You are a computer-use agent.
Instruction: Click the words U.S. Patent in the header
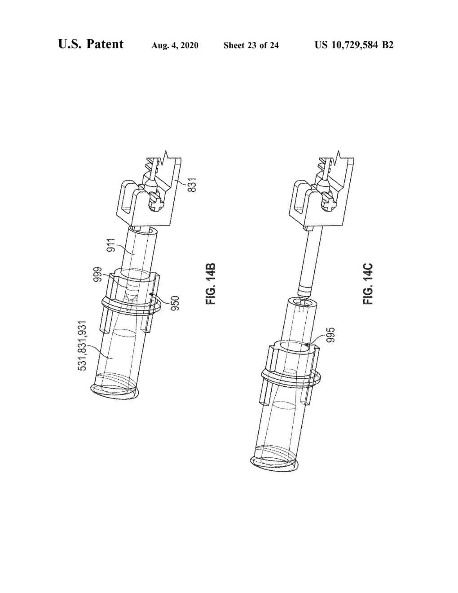[x=91, y=44]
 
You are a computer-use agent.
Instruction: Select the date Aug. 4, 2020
[x=175, y=45]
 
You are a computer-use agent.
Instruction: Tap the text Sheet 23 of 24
[x=251, y=45]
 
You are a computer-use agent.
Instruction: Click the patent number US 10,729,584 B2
[x=354, y=45]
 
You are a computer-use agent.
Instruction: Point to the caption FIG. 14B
[x=211, y=284]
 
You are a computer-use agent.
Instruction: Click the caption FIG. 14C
[x=368, y=284]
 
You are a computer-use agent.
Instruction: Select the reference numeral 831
[x=192, y=185]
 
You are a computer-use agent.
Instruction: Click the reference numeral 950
[x=176, y=303]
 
